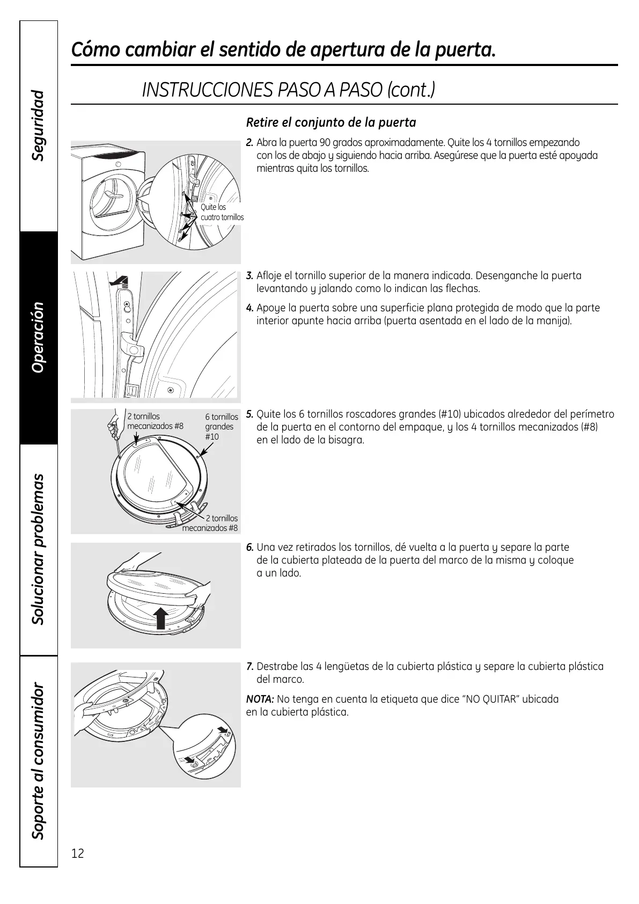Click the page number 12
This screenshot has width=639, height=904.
[78, 853]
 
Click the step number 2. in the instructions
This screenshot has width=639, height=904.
[249, 143]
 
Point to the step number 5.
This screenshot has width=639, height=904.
[249, 414]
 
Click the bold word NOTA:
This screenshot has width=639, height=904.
[260, 699]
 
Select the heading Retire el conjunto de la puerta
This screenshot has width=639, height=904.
[331, 122]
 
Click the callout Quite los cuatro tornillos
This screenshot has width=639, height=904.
[222, 212]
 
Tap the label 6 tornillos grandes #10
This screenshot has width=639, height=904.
[221, 426]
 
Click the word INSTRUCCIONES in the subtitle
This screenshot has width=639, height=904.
[207, 90]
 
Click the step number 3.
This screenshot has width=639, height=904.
[249, 276]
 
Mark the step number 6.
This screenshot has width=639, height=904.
[249, 548]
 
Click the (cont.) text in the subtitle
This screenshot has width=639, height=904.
[411, 90]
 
